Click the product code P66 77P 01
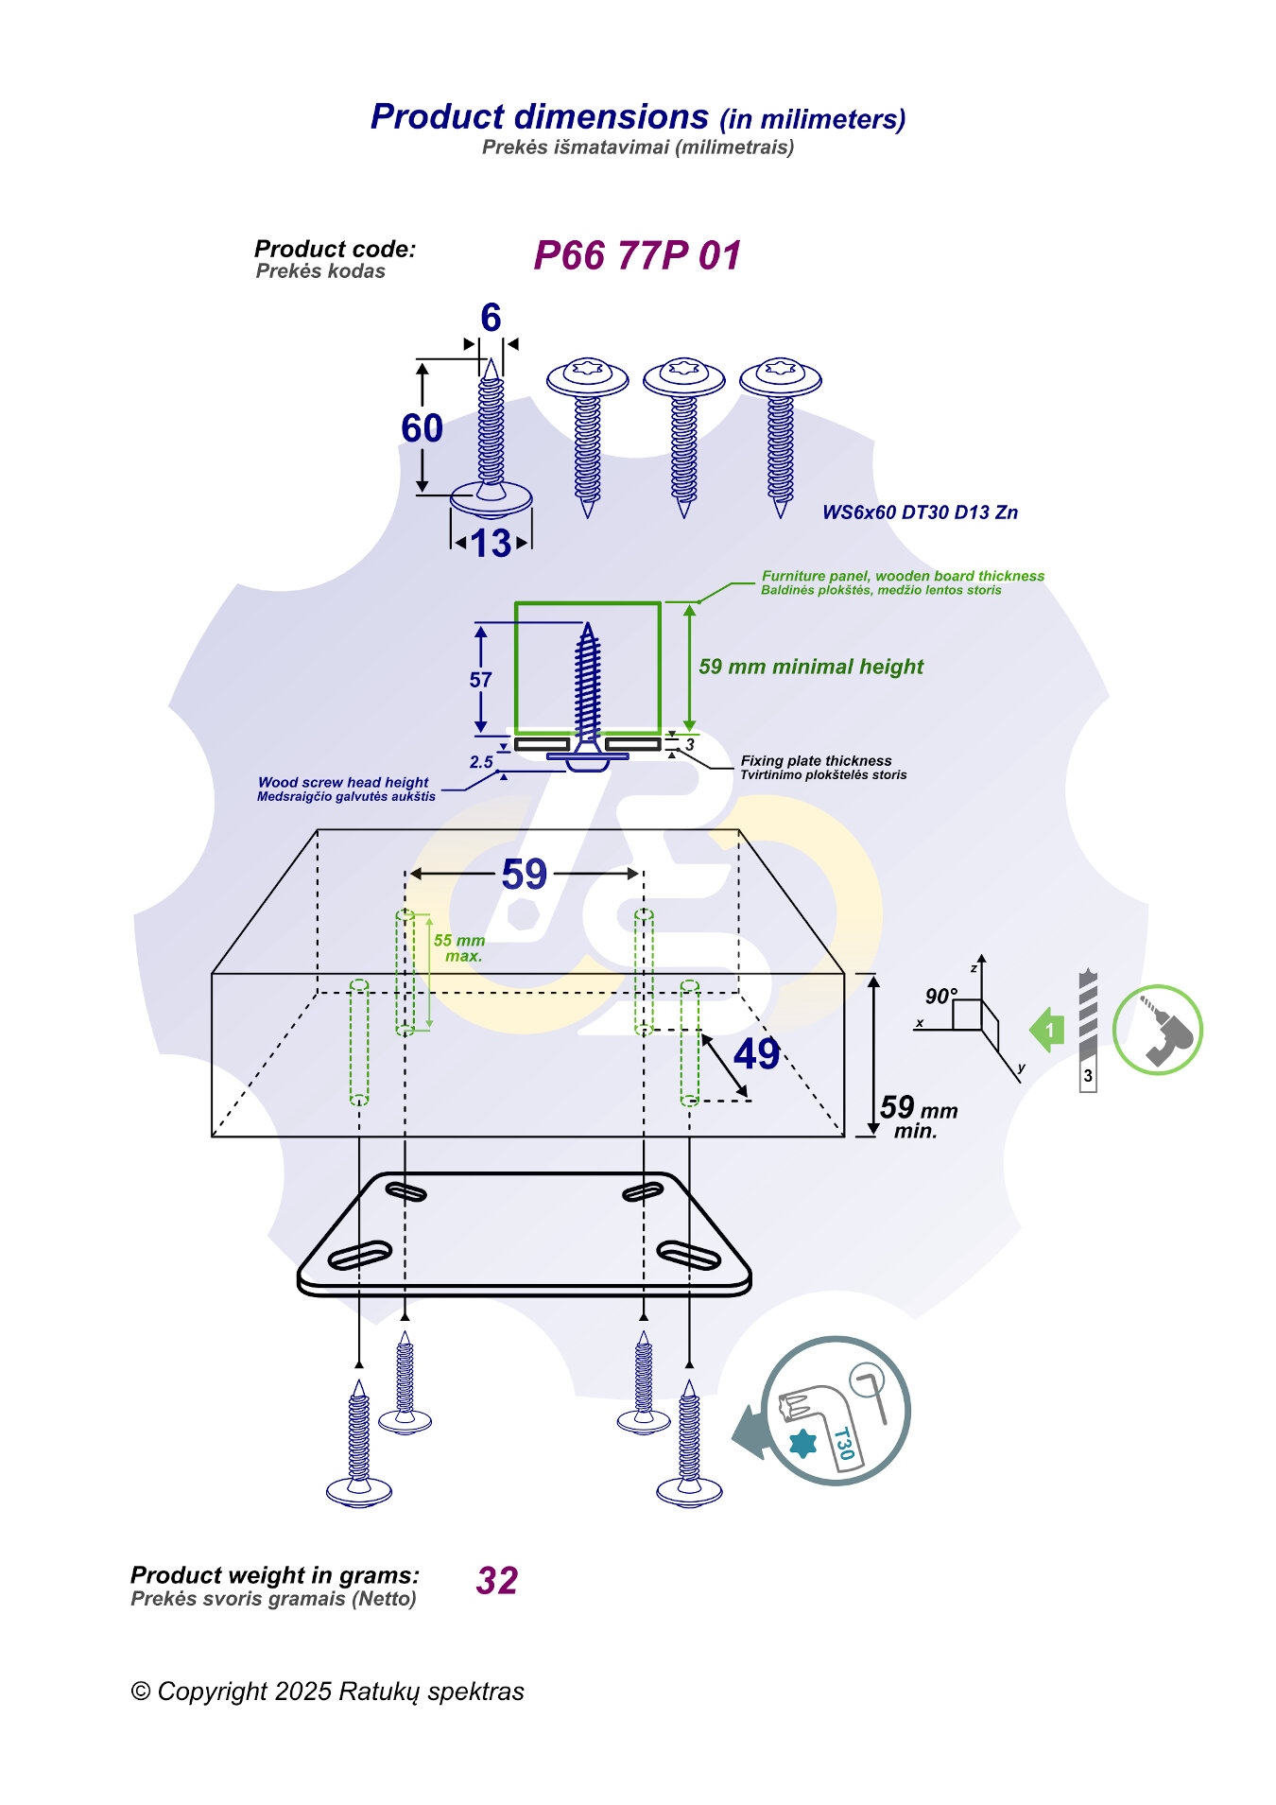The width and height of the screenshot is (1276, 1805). click(637, 256)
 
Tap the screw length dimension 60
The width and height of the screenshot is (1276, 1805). click(422, 428)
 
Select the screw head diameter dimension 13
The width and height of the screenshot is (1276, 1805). click(491, 544)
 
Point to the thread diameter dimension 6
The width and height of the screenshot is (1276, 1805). click(490, 319)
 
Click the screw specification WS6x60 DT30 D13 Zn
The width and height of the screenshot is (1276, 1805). click(920, 512)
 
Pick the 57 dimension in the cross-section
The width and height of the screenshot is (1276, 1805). click(480, 680)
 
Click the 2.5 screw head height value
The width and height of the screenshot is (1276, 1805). click(481, 762)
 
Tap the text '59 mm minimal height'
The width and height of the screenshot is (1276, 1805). click(810, 667)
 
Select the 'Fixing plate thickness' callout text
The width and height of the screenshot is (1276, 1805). click(816, 761)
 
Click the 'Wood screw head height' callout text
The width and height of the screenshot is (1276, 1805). click(343, 783)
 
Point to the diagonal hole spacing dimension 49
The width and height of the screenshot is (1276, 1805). click(756, 1054)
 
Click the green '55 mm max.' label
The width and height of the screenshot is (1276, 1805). click(459, 947)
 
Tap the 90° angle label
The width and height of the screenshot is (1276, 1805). click(940, 997)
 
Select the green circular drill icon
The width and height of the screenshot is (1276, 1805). click(1157, 1030)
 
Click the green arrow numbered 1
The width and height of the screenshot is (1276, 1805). click(1047, 1030)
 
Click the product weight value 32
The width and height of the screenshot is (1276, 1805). click(497, 1581)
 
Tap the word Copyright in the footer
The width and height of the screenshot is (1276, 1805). click(213, 1692)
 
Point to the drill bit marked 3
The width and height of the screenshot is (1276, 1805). click(1088, 1031)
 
